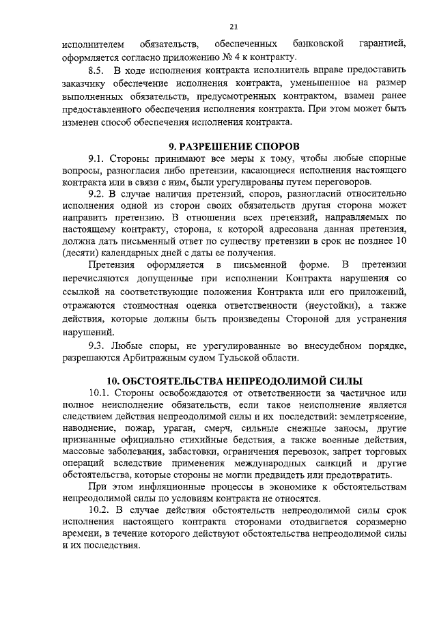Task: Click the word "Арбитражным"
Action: (151, 357)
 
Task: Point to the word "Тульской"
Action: (236, 357)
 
